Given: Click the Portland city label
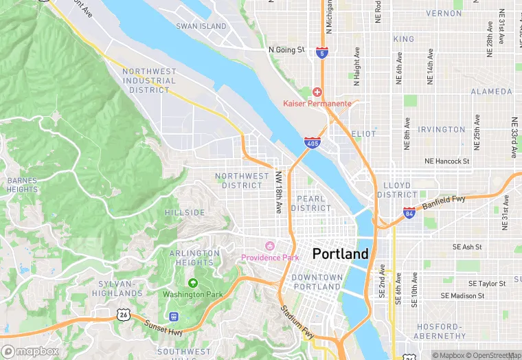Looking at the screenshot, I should pyautogui.click(x=340, y=254).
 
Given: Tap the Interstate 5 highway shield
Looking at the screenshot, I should pyautogui.click(x=322, y=52).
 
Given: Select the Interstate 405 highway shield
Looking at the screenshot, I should pyautogui.click(x=312, y=143).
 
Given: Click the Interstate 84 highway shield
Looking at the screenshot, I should pyautogui.click(x=409, y=212).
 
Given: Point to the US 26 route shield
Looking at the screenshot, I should pyautogui.click(x=123, y=314).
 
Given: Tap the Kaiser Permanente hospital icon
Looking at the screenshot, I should pyautogui.click(x=317, y=92).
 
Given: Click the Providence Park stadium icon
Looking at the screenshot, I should pyautogui.click(x=270, y=246).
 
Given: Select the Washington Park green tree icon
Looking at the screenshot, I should pyautogui.click(x=193, y=282).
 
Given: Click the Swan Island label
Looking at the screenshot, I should pyautogui.click(x=201, y=26).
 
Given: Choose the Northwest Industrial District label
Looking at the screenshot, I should pyautogui.click(x=149, y=80).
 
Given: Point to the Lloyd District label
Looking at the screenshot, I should pyautogui.click(x=397, y=190).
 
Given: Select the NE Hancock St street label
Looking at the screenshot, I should pyautogui.click(x=446, y=161).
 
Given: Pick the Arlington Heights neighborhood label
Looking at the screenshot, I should pyautogui.click(x=194, y=258).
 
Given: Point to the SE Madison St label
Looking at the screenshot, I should pyautogui.click(x=463, y=295).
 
